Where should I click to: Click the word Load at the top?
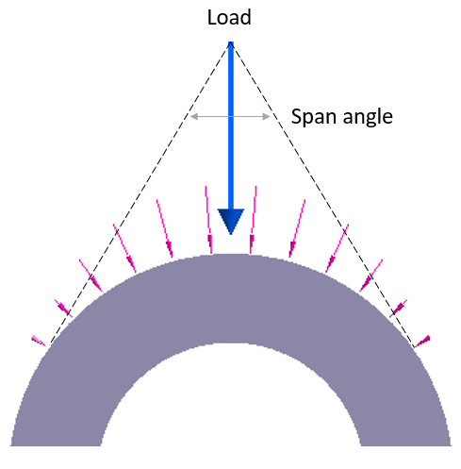(x=229, y=17)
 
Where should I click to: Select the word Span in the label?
(x=314, y=117)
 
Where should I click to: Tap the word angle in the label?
(x=368, y=118)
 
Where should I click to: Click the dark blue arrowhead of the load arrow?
(x=231, y=221)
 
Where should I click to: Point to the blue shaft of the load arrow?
(x=231, y=126)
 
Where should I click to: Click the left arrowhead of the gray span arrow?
(x=194, y=116)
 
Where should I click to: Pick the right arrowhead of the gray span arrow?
(x=266, y=116)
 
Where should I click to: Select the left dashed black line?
(x=140, y=193)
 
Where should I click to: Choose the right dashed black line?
(x=322, y=194)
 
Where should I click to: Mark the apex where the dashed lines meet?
(x=231, y=42)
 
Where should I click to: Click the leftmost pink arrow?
(x=39, y=341)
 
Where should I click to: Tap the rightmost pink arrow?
(x=422, y=342)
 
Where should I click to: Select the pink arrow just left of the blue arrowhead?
(x=208, y=220)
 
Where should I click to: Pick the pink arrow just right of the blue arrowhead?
(x=253, y=220)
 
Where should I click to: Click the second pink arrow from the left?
(x=64, y=309)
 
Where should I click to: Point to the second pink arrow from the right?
(x=398, y=309)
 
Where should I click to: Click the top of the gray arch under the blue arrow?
(x=231, y=257)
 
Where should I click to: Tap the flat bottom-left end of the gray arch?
(x=56, y=445)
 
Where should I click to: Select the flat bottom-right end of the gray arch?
(x=406, y=445)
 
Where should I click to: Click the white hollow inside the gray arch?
(x=231, y=403)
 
